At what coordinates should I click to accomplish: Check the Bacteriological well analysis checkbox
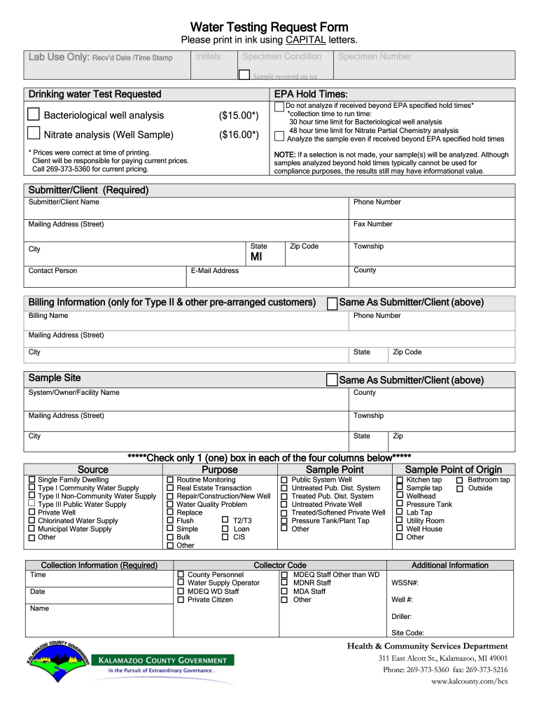(x=34, y=114)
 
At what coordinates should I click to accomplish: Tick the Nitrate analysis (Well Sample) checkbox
(x=34, y=134)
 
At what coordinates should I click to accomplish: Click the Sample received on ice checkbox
(x=244, y=75)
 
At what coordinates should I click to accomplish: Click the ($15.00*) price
(x=239, y=115)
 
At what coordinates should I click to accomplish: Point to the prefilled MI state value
(x=256, y=258)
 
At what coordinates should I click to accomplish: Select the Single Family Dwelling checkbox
(x=31, y=480)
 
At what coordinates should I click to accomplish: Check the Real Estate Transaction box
(x=170, y=488)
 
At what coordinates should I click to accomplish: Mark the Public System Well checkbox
(x=284, y=480)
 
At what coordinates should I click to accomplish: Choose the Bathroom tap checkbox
(x=460, y=480)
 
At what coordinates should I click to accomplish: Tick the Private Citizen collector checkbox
(x=181, y=599)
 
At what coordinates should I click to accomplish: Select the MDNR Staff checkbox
(x=284, y=583)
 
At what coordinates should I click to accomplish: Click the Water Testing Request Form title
(x=269, y=27)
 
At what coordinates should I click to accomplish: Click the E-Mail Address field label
(x=215, y=271)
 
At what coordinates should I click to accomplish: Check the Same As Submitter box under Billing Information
(x=332, y=303)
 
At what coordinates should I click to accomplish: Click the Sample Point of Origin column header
(x=454, y=469)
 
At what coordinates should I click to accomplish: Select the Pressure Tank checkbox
(x=400, y=504)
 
